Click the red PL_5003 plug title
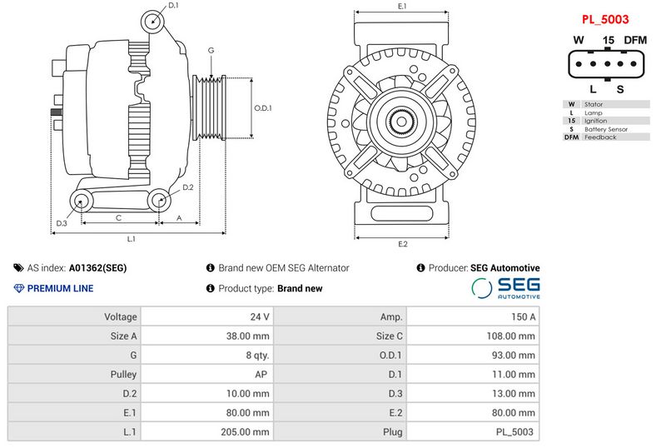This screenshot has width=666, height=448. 604,18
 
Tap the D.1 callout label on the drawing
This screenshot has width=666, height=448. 173,6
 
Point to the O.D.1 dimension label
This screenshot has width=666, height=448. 263,107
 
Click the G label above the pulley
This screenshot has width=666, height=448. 211,51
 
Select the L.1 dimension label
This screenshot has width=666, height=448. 131,239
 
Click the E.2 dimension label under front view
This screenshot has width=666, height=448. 403,244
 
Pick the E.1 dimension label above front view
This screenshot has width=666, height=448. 402,7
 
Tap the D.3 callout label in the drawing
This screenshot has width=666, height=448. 62,224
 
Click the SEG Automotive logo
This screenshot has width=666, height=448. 505,288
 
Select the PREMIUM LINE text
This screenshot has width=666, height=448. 60,289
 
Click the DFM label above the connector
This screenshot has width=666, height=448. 634,40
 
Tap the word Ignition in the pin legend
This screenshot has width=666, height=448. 596,121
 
